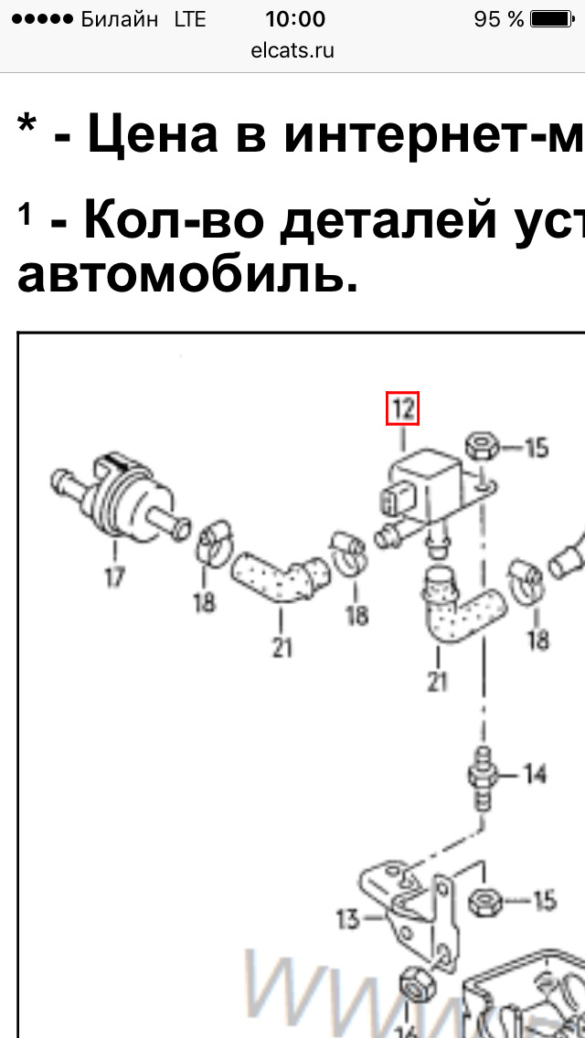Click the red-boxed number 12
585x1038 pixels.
[x=402, y=408]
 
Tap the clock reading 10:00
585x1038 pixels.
[x=294, y=19]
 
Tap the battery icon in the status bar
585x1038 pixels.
[x=552, y=19]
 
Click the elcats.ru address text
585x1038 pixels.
[x=292, y=50]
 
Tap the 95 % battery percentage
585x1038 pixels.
[x=499, y=19]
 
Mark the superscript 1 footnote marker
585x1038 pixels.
[x=27, y=216]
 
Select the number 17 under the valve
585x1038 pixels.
[x=114, y=578]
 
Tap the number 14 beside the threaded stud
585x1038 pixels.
[x=534, y=774]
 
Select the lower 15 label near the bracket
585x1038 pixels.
[x=543, y=901]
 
